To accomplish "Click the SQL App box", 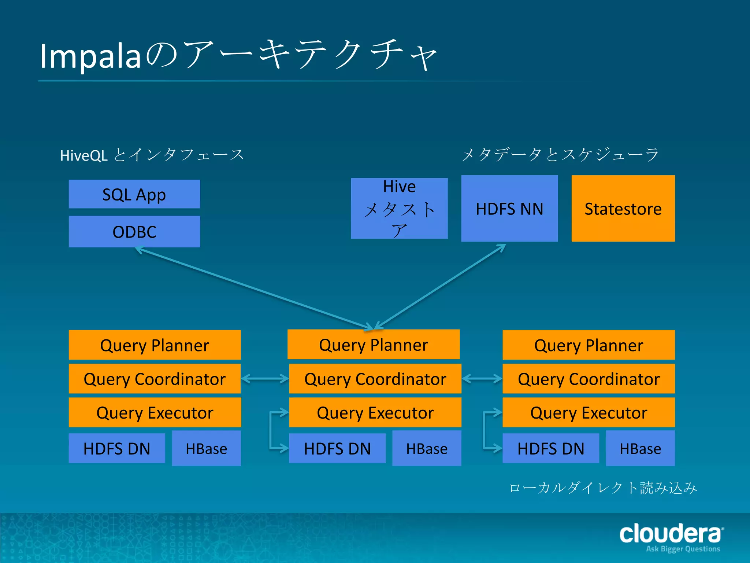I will point(134,194).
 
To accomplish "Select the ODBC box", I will point(134,232).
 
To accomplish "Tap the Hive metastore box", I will point(399,209).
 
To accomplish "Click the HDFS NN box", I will point(509,209).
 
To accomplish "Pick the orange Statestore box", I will point(623,209).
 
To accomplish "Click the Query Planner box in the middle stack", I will point(374,345).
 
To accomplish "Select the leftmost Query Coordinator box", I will point(155,379).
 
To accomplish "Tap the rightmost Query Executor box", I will point(589,412).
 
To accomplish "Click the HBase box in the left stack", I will point(206,448).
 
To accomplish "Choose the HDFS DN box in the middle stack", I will point(337,448).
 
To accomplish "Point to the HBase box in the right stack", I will point(640,448).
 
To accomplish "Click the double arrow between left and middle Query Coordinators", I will point(265,379).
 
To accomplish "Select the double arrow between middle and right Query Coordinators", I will point(482,379).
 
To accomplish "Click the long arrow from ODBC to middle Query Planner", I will point(253,288).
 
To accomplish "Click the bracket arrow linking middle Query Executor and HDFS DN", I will point(271,431).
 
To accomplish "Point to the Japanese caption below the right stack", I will point(603,488).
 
